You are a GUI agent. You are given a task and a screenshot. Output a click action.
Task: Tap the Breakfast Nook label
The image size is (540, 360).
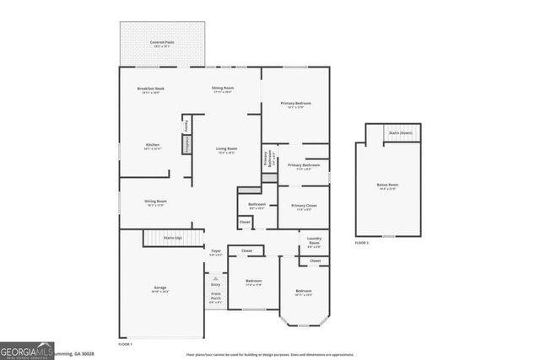coord(150,90)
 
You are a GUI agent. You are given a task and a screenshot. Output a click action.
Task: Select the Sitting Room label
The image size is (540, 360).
coord(223,89)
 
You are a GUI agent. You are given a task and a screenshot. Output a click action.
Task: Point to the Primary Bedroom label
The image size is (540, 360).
coord(295,105)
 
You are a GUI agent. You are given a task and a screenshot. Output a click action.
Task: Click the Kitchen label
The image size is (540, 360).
coord(152,146)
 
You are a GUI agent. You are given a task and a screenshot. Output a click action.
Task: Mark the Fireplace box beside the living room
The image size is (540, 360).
coord(186,144)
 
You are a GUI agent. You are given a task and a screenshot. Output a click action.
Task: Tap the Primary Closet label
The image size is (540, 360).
coord(304,207)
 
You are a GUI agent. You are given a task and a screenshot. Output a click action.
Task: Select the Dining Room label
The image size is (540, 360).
coord(155,202)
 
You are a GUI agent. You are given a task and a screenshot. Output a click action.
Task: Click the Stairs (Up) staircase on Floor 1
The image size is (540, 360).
coord(173,239)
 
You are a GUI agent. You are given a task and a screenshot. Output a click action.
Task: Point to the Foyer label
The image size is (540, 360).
coord(216,251)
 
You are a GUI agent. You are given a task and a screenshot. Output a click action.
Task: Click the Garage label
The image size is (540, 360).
coord(159,289)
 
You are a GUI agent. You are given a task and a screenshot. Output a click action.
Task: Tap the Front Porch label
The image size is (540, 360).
coord(216,297)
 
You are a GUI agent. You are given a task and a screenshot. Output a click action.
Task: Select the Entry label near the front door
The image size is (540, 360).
coord(215,285)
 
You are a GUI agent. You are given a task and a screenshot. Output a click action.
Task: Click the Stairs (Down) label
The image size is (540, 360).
coord(401,133)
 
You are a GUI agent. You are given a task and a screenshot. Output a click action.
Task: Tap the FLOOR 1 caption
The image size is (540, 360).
coord(125,344)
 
